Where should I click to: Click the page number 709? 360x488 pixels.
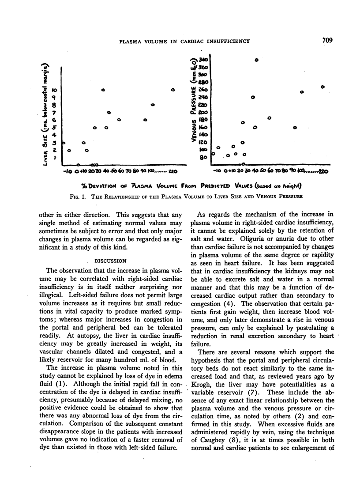(x=327, y=41)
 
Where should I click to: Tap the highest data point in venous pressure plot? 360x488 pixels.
(x=256, y=60)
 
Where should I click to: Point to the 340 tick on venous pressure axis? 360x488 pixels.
(x=204, y=59)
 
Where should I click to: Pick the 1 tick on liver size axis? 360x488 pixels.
(x=54, y=158)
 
